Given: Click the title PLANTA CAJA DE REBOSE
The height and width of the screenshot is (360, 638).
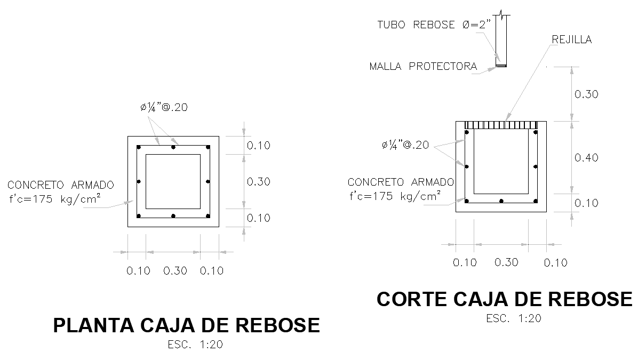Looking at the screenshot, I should point(187,325).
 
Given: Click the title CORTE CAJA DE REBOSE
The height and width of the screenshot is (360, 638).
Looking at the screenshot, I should point(504,299).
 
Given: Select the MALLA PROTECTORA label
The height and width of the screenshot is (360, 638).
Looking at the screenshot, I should point(423,67).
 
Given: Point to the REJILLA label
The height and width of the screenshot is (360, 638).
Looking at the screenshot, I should point(572,39).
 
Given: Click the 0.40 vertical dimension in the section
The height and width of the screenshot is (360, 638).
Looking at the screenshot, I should point(586,157).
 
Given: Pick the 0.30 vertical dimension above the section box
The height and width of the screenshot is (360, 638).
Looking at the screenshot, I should point(586,94).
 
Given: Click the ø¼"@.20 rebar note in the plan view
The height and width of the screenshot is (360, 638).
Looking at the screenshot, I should point(164,107).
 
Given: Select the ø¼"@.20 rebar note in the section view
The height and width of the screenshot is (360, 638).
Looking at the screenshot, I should point(405,145).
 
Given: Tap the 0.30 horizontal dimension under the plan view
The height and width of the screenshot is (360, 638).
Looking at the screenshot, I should point(175,271).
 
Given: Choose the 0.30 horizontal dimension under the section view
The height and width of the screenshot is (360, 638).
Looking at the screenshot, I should point(506,262).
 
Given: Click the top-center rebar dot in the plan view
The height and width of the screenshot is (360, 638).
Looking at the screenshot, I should point(173,147).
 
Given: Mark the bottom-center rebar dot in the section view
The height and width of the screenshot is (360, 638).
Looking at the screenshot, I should point(501,201).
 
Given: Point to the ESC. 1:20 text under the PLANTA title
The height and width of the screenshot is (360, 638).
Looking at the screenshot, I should point(195,345).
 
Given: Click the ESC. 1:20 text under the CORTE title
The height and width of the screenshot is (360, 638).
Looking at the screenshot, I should point(514,319).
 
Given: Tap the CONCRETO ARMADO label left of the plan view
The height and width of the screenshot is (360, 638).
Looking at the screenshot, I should point(60,185).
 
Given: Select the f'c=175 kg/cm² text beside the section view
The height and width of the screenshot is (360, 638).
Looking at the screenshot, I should point(395,196).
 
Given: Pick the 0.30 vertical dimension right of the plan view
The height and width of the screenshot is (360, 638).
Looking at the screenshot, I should point(259,182).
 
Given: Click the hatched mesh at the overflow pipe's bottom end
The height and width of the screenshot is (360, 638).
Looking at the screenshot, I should point(501,66).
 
